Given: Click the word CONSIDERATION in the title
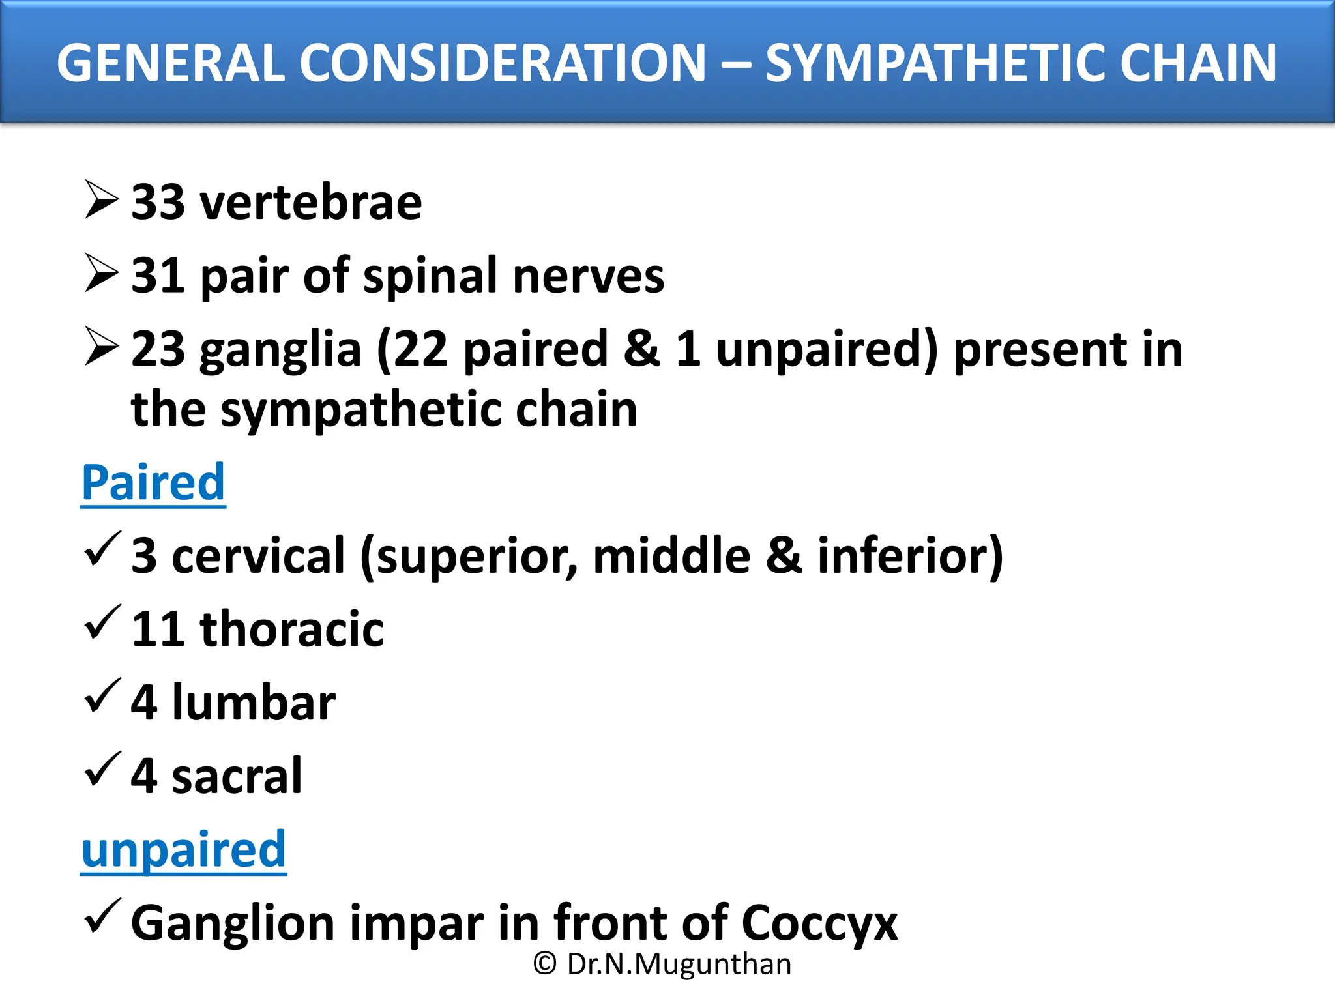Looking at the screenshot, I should coord(503,63).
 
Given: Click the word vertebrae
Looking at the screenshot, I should coord(311,203).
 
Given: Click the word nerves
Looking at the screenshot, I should coord(588,276).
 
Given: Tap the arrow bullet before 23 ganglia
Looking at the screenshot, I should coord(102,346).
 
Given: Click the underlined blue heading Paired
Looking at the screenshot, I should coord(153,483).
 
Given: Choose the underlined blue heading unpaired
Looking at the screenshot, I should coord(184,850).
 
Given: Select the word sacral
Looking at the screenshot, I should coord(237,776).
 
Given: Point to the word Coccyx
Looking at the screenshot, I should coord(819,924).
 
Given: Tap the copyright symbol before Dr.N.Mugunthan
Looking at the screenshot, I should coord(545,964).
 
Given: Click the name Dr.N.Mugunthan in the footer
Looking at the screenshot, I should coord(679,964).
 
